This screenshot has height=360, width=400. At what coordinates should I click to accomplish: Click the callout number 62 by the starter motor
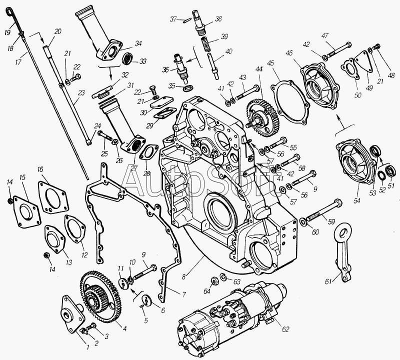coord(285,329)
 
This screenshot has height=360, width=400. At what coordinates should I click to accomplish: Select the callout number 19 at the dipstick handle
coord(7,32)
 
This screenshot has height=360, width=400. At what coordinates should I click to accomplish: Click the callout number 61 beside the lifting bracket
coord(328,281)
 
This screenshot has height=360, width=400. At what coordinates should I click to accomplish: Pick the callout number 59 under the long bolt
coord(331,221)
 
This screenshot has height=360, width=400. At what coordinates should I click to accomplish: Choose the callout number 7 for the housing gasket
coord(183,294)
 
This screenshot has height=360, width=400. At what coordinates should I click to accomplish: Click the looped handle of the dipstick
coord(9,11)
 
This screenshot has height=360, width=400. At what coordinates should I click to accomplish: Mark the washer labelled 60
coord(302,221)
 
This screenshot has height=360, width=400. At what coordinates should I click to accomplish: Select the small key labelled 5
coord(142,306)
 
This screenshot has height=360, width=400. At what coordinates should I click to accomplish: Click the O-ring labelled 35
coord(188,88)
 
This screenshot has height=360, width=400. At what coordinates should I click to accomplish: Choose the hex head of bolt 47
coord(348,45)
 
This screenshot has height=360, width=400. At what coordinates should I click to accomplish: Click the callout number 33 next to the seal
coord(143,61)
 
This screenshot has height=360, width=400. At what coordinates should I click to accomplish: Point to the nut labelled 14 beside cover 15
coord(9,201)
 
